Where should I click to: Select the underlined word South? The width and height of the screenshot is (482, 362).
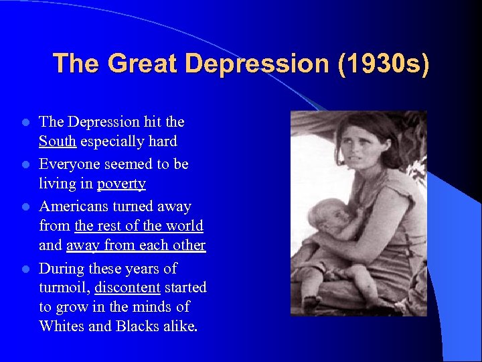pos(57,141)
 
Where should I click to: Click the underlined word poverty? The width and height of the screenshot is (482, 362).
pos(121,184)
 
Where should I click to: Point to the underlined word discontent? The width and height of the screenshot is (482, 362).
pos(127,288)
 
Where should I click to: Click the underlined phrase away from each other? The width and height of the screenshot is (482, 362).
pos(136,245)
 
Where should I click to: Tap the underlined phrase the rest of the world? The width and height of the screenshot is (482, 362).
pos(139,226)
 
